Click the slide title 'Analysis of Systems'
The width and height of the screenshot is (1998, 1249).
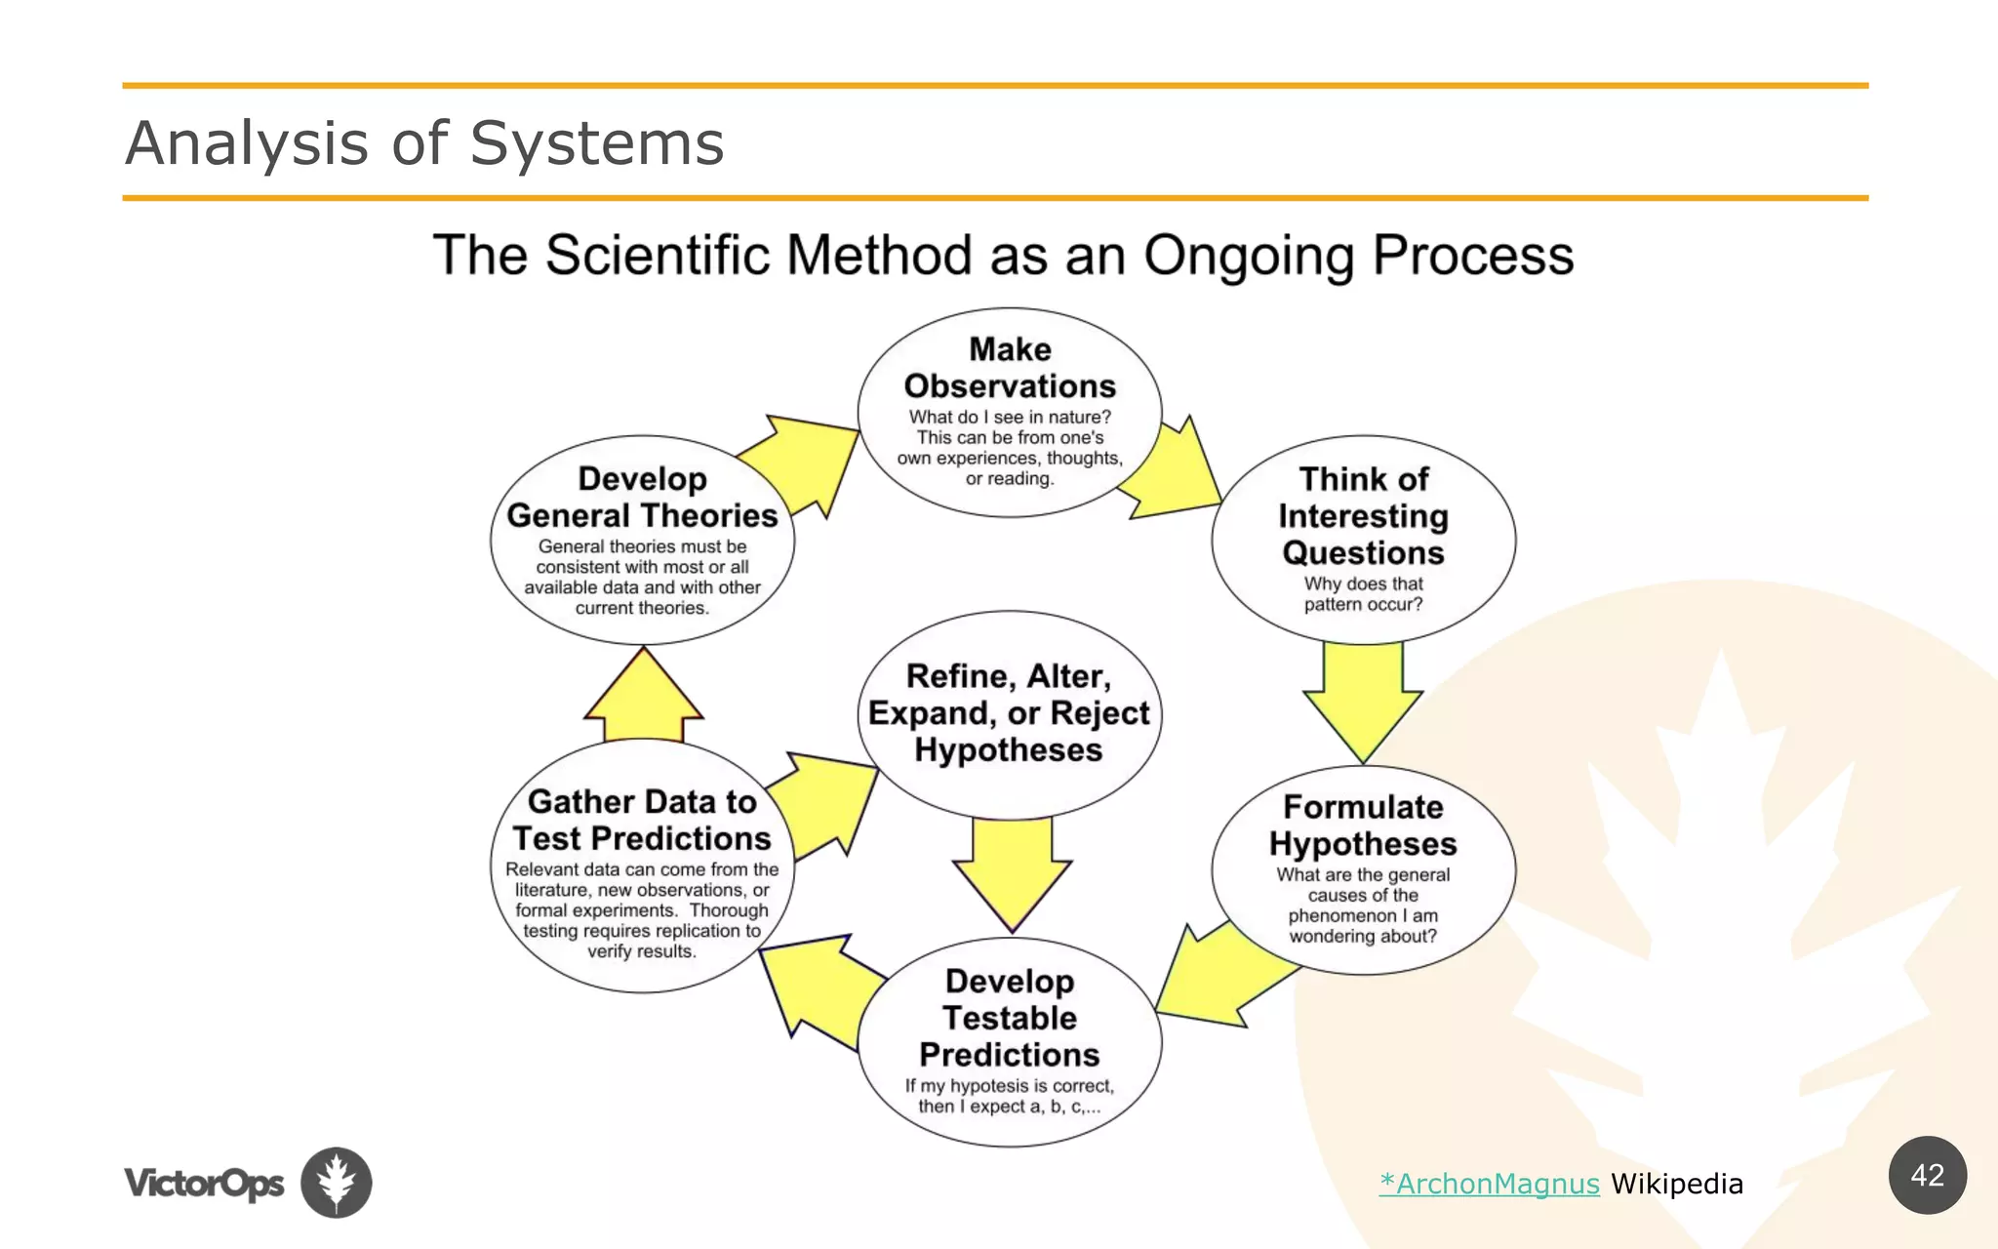pos(424,143)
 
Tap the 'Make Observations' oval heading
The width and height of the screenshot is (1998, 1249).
pos(1010,368)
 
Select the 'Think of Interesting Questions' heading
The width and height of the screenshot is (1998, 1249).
pos(1363,515)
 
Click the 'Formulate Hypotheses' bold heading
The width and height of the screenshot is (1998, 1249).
pos(1363,826)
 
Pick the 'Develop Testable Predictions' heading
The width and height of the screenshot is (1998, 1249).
pos(1010,1018)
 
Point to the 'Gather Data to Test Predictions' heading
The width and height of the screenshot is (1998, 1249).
pos(642,820)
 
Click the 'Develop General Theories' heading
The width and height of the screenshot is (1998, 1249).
pos(642,497)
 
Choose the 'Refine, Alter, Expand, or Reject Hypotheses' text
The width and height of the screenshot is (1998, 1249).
pos(1010,712)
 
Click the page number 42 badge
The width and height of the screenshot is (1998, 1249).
pos(1927,1175)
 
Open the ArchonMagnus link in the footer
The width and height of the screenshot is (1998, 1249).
pos(1489,1184)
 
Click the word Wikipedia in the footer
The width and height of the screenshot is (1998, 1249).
pos(1676,1184)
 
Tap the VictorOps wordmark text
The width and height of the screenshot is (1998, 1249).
pos(204,1184)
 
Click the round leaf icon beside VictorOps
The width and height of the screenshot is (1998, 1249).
pos(337,1182)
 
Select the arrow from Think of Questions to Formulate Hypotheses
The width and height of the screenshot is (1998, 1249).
pos(1363,698)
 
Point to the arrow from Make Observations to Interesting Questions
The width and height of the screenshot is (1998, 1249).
pos(1176,473)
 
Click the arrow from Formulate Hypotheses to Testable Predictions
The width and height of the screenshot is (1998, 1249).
pos(1219,981)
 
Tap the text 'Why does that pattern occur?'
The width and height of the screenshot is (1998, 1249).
pos(1363,593)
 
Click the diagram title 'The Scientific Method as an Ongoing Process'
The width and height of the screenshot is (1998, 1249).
pos(1003,256)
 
